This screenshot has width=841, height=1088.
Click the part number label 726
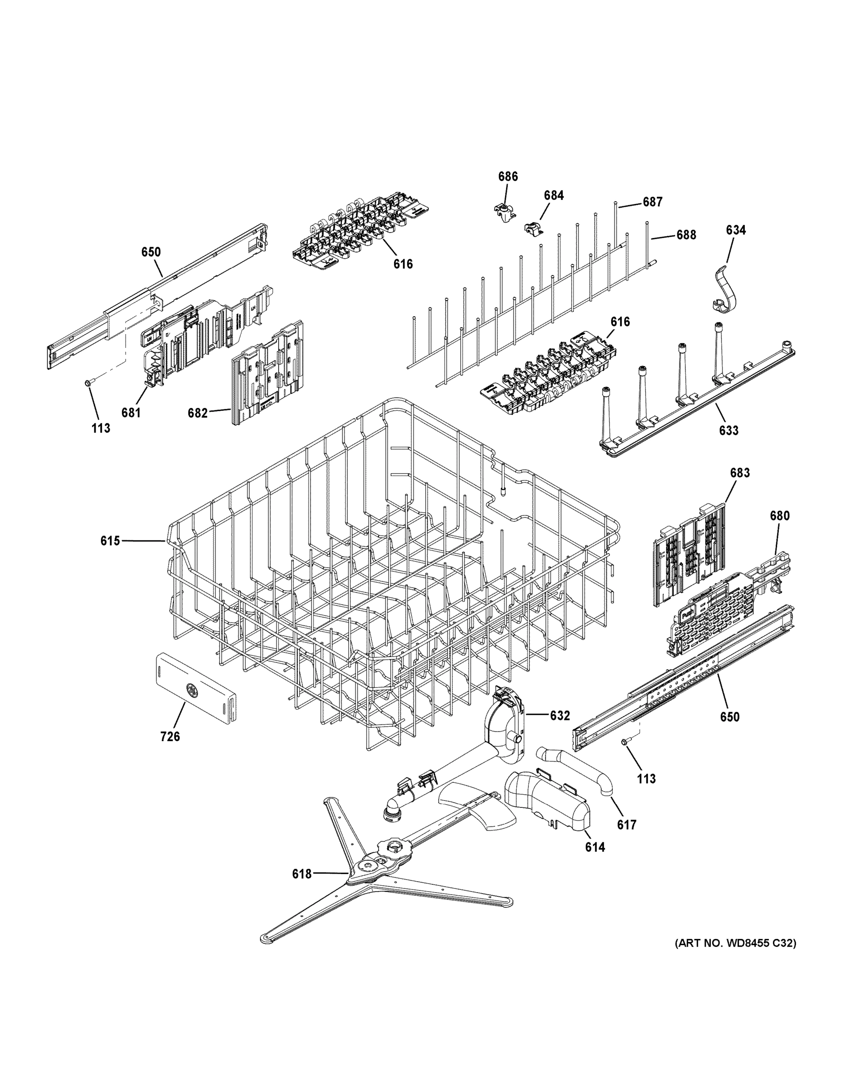pyautogui.click(x=170, y=736)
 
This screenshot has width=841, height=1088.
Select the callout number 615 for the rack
pyautogui.click(x=110, y=540)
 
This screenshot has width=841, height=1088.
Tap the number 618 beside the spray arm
pyautogui.click(x=302, y=874)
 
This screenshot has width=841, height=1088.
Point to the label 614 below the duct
pyautogui.click(x=595, y=846)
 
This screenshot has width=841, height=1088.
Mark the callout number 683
pyautogui.click(x=740, y=473)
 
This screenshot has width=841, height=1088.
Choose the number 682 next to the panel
pyautogui.click(x=197, y=413)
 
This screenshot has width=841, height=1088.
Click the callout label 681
pyautogui.click(x=131, y=413)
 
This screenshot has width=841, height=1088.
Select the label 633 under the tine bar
pyautogui.click(x=729, y=430)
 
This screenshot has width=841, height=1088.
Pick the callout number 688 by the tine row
pyautogui.click(x=686, y=235)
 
